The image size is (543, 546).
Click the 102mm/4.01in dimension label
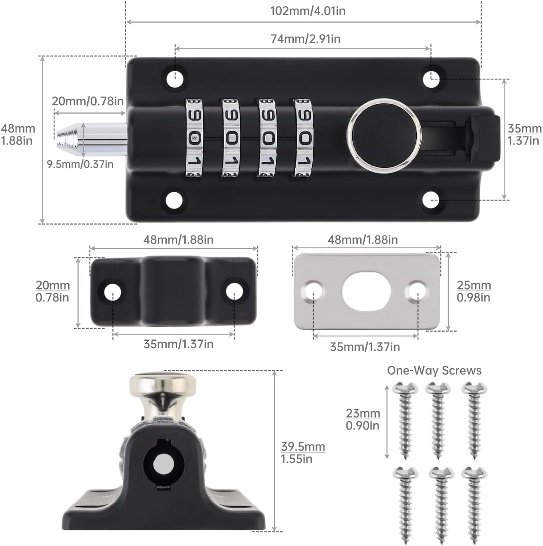pyautogui.click(x=308, y=11)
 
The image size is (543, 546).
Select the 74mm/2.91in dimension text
pyautogui.click(x=305, y=39)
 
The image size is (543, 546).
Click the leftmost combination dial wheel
pyautogui.click(x=194, y=138)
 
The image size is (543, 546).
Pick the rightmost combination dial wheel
pyautogui.click(x=303, y=138)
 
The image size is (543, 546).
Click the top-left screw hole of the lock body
pyautogui.click(x=175, y=78)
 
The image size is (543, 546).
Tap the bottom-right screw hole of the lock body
pyautogui.click(x=432, y=199)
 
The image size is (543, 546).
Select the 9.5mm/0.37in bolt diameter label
pyautogui.click(x=80, y=164)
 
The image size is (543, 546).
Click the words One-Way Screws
pyautogui.click(x=434, y=371)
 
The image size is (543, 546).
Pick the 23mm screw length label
pyautogui.click(x=363, y=419)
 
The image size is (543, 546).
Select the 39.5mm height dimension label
pyautogui.click(x=302, y=452)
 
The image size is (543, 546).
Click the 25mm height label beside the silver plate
pyautogui.click(x=473, y=291)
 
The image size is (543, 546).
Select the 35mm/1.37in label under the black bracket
pyautogui.click(x=178, y=344)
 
